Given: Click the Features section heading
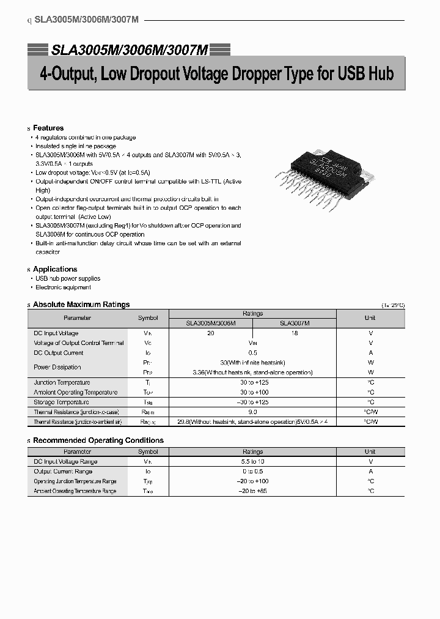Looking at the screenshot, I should [48, 128].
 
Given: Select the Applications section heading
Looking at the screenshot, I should [55, 269].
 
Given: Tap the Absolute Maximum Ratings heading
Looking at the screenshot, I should [81, 304].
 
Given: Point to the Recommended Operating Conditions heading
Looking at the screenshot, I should [98, 440].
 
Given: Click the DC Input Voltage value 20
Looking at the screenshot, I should [211, 333].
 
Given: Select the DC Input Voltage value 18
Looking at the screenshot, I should [294, 333].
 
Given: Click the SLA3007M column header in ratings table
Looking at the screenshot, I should [295, 323].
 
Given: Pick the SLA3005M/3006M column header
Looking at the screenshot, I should [211, 323].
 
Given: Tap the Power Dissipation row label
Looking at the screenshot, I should [57, 367].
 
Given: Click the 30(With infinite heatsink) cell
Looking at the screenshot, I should [252, 363].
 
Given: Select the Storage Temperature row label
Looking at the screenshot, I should [61, 402].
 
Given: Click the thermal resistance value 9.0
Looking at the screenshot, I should [252, 412].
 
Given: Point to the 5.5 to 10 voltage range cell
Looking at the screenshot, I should [252, 462].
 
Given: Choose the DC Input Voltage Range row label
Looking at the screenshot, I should [65, 462].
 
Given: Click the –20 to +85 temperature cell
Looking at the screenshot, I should [252, 491].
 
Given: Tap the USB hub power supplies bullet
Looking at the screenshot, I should [68, 278].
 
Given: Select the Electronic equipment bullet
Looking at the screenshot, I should [63, 287].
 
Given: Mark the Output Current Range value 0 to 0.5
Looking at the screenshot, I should [252, 472].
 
